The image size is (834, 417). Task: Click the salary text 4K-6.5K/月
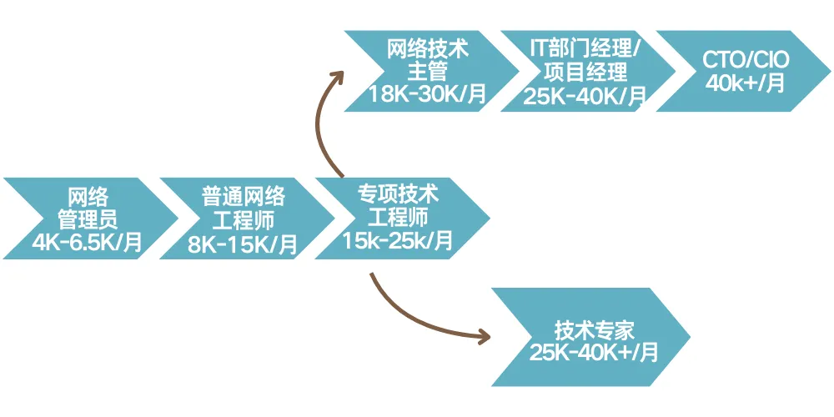click(x=87, y=242)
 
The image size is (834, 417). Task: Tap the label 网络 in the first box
click(x=88, y=198)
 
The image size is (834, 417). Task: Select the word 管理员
click(x=88, y=219)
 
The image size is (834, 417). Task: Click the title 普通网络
click(x=243, y=198)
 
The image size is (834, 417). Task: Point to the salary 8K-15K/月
click(x=243, y=244)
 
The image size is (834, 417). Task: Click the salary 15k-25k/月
click(x=398, y=241)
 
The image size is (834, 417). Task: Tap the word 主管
click(x=427, y=71)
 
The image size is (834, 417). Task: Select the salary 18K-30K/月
click(x=427, y=94)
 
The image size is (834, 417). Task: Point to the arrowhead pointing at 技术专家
click(x=484, y=338)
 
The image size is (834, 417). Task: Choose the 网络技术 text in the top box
click(x=427, y=48)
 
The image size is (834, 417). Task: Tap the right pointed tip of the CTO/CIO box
click(x=829, y=73)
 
